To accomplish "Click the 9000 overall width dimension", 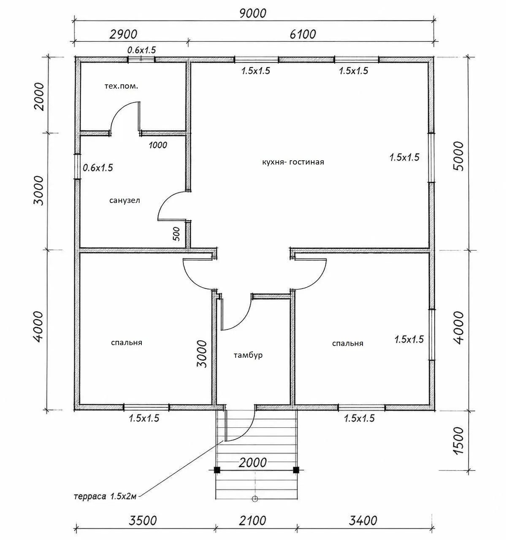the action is tap(253, 13).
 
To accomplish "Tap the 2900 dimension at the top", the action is tap(124, 35).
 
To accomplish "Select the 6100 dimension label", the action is tap(303, 35).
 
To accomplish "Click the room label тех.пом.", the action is tap(122, 86).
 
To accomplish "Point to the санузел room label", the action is tap(124, 200).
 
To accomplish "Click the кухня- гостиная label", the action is tap(293, 162).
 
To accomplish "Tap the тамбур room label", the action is tap(248, 355).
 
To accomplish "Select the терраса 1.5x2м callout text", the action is tap(105, 497).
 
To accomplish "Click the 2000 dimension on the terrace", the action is tap(252, 462).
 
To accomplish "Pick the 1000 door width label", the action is tap(158, 145).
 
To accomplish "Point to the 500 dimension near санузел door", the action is tap(176, 234).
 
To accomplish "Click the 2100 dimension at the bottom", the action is tap(252, 521).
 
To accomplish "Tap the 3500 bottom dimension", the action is tap(143, 521).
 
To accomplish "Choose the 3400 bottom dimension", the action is tap(363, 521).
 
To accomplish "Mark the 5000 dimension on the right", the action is tap(459, 156).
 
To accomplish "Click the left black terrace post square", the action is tap(217, 470).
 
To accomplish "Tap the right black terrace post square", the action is tap(296, 470).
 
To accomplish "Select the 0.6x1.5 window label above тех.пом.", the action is tap(142, 50).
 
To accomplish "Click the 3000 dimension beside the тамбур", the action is tap(202, 354).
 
